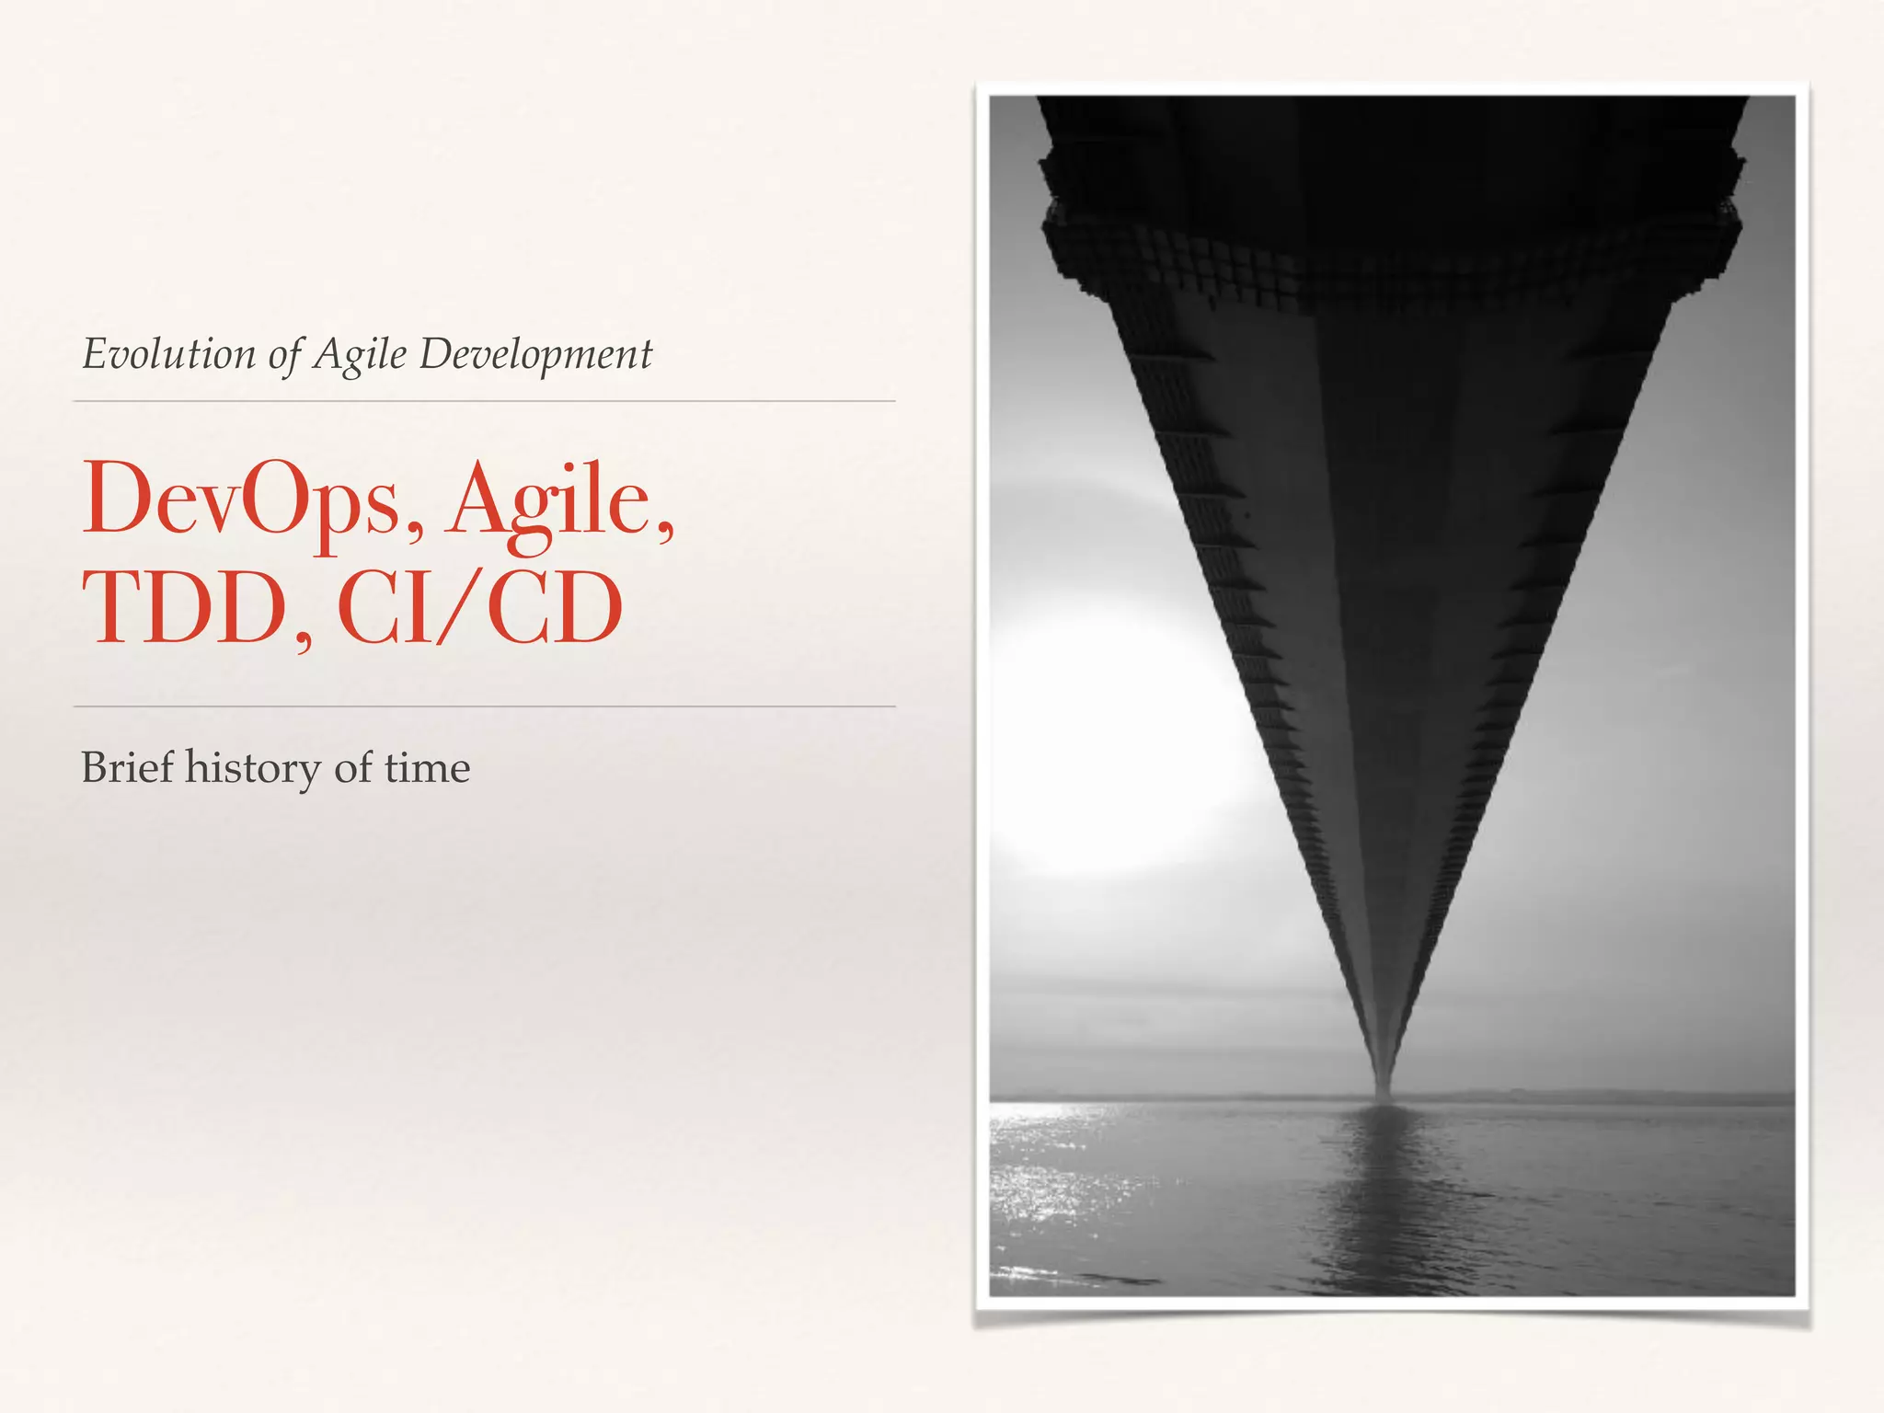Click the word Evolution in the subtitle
[x=169, y=354]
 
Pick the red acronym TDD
[x=185, y=609]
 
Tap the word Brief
[x=127, y=767]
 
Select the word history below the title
[x=252, y=769]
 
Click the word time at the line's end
[x=427, y=767]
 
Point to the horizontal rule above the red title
[x=484, y=401]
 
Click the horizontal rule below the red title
[x=484, y=706]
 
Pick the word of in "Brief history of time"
[x=352, y=767]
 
